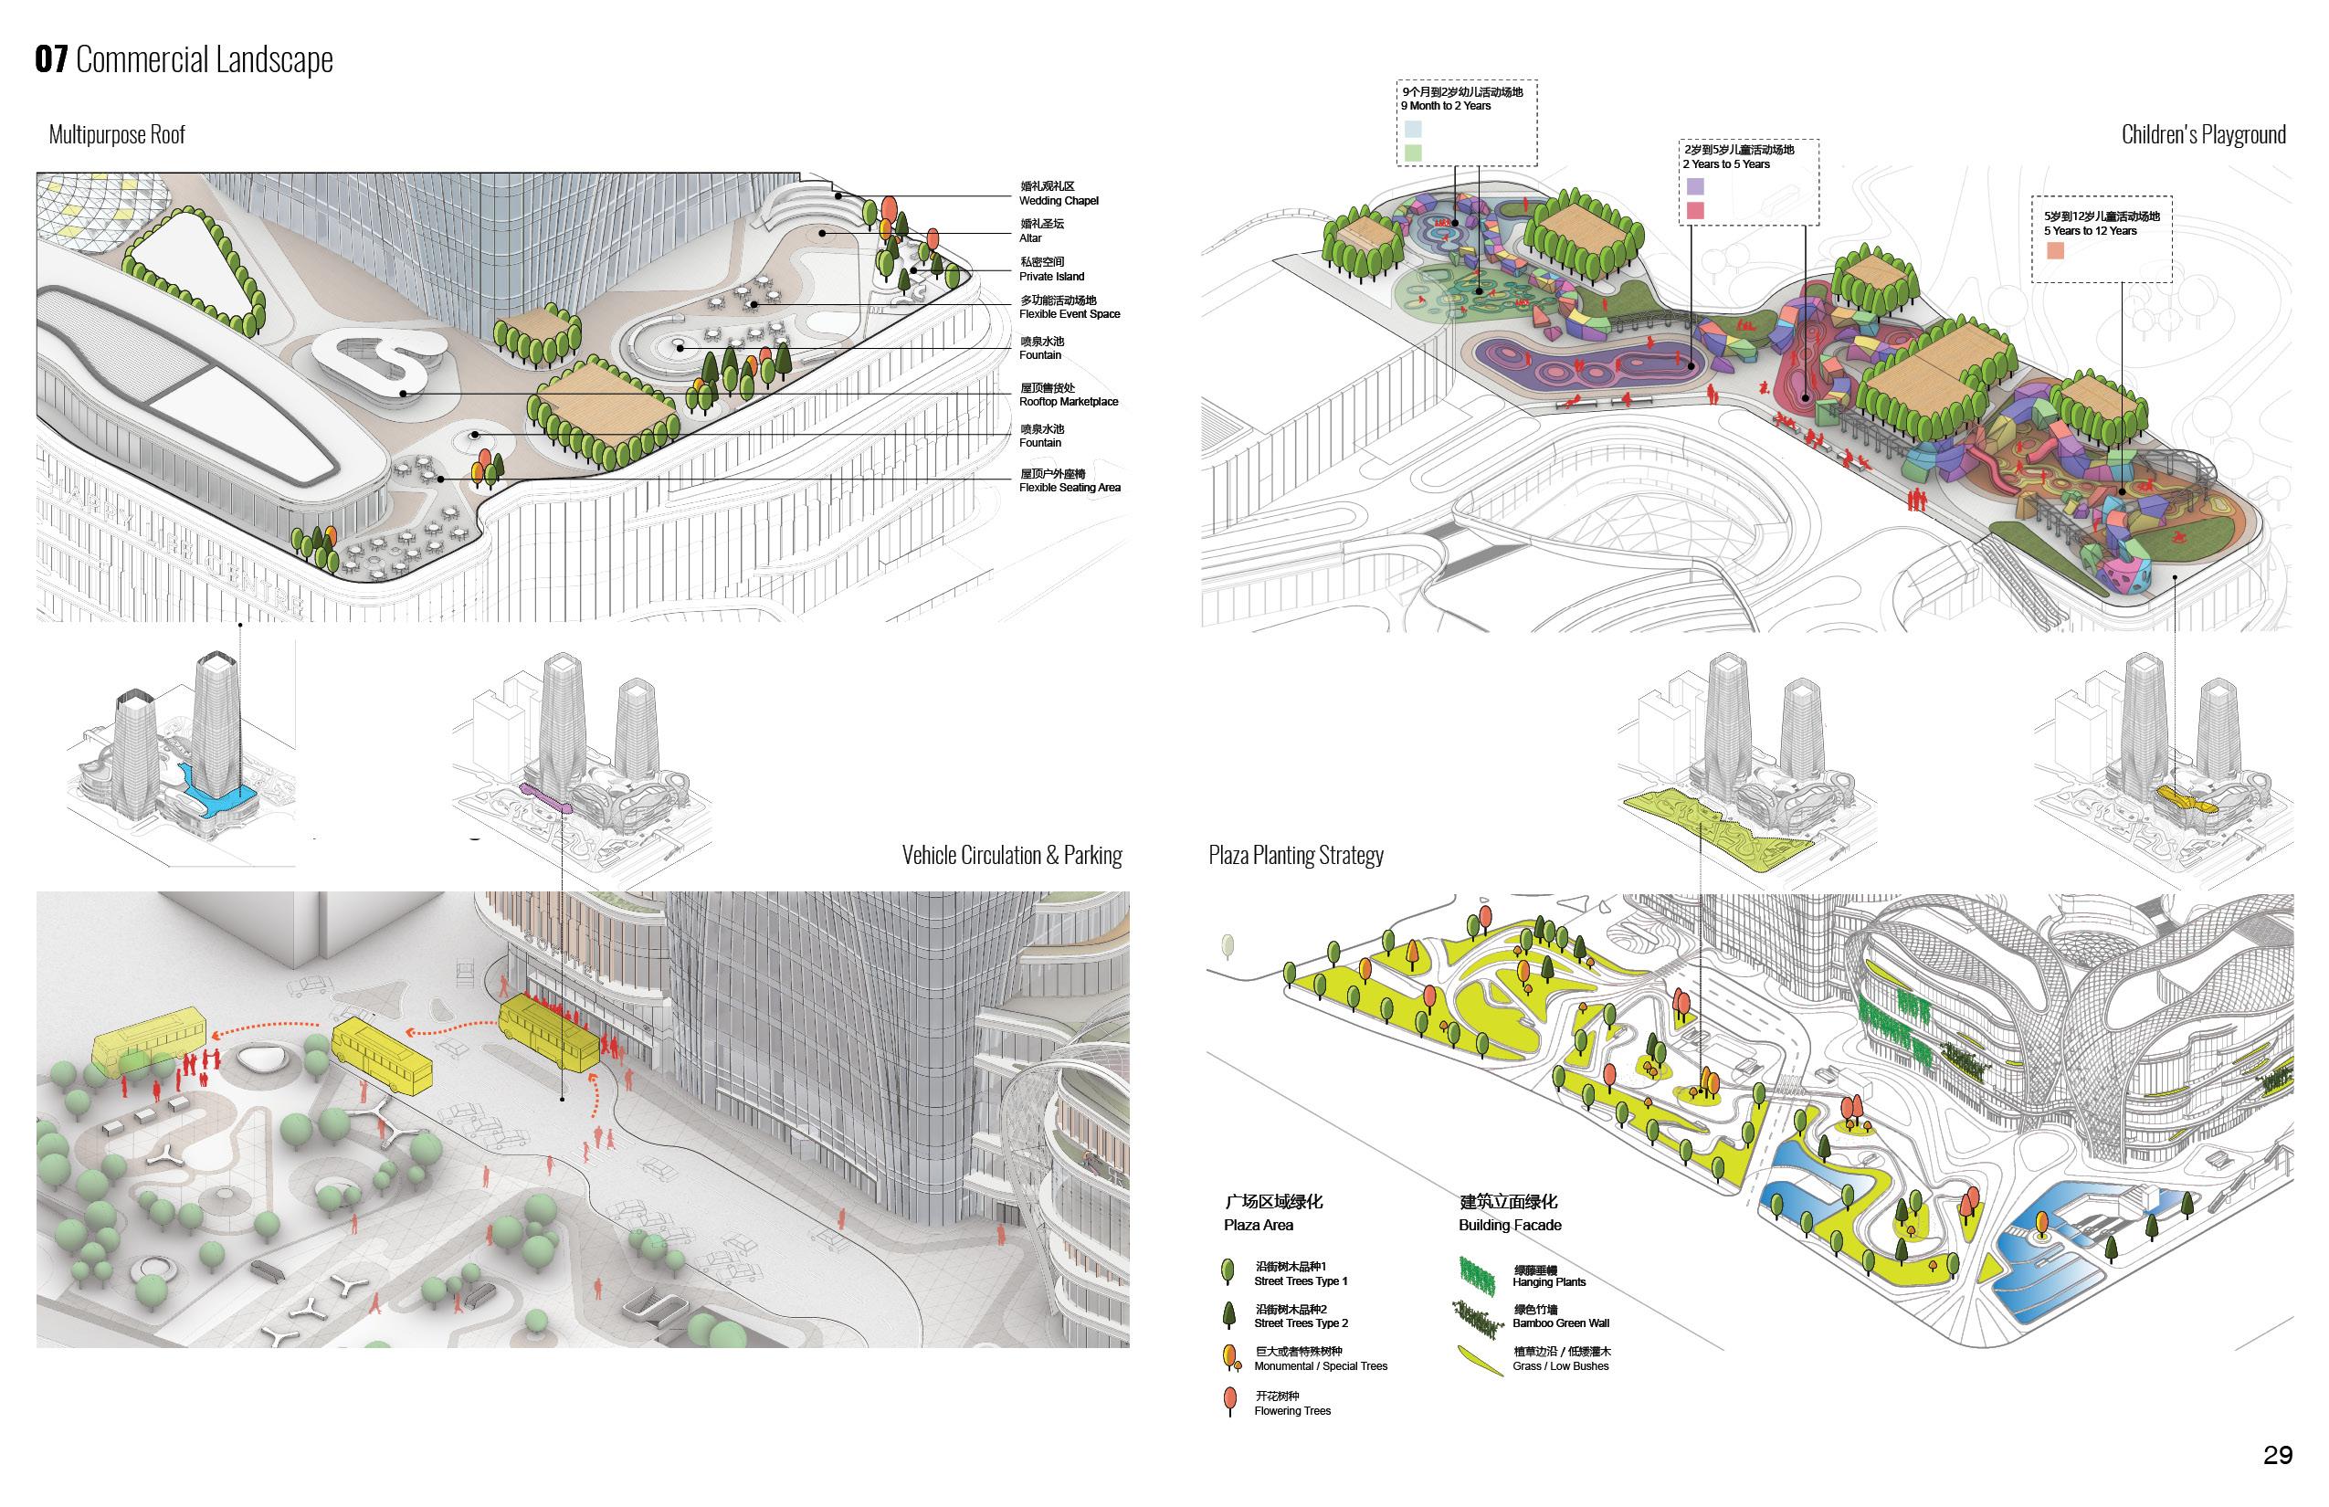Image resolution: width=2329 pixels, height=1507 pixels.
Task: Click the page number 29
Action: click(2278, 1455)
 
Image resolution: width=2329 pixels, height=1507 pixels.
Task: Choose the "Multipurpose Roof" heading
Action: click(117, 135)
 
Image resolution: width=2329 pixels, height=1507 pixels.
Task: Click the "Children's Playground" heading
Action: click(2203, 135)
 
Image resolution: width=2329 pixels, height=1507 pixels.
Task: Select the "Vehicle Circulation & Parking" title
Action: click(1011, 855)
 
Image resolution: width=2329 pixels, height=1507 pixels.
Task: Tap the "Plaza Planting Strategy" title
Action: click(1296, 855)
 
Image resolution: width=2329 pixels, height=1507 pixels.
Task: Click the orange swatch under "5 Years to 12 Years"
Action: click(2055, 250)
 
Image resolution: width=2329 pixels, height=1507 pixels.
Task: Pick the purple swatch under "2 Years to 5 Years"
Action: click(1695, 186)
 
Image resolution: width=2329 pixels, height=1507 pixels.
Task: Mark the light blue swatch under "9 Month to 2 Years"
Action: click(1413, 128)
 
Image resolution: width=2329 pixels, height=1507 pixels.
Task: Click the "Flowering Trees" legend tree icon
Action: click(1230, 1401)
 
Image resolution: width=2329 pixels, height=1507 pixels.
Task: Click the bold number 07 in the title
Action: click(51, 59)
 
